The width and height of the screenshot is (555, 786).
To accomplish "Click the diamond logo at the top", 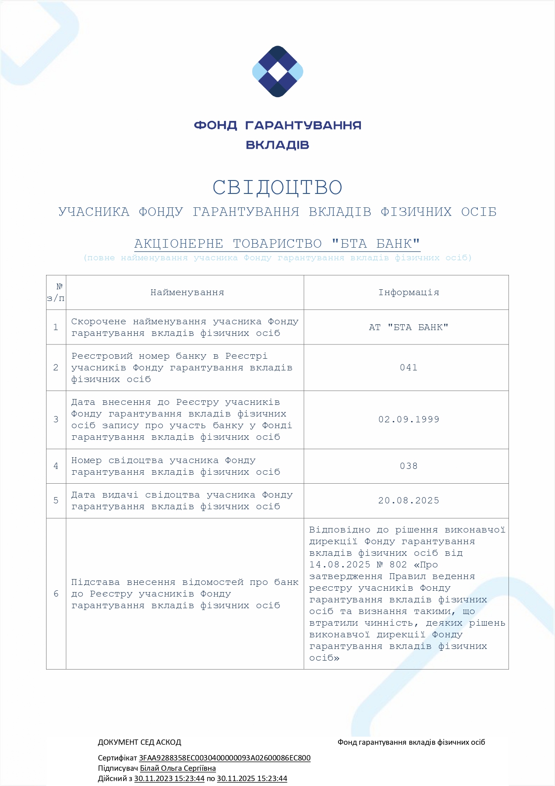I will (x=278, y=71).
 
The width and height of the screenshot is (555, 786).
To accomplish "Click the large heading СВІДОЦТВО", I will (x=277, y=188).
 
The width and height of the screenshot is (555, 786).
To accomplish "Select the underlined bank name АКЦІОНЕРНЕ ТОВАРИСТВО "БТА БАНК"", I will (x=277, y=244).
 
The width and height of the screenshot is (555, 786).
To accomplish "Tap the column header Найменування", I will (x=187, y=292).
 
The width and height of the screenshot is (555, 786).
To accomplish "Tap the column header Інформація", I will (x=408, y=292).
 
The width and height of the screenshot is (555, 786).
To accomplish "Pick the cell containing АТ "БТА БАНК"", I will (x=408, y=327).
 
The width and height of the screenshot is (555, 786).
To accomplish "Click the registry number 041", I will (x=408, y=368).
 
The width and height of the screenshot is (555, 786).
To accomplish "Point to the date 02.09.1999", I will (x=408, y=420).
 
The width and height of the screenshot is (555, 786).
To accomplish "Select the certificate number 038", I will (x=408, y=466).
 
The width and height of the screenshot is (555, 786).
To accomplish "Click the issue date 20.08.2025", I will (x=408, y=501).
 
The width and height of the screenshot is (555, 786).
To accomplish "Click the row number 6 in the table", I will (x=56, y=594).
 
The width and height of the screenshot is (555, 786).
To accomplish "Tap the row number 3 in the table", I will (x=56, y=420).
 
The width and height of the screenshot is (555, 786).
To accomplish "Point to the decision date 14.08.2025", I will (x=339, y=565).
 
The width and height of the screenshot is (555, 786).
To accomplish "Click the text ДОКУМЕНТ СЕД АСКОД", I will (x=140, y=742).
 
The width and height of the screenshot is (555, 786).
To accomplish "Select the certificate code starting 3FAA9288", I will (x=225, y=758).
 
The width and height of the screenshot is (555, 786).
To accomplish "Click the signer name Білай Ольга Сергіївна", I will (x=178, y=768).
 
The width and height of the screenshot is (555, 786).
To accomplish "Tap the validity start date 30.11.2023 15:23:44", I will (x=169, y=778).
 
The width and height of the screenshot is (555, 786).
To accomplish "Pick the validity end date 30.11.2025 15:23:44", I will (x=252, y=778).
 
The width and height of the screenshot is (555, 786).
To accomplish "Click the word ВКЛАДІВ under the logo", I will (x=277, y=145).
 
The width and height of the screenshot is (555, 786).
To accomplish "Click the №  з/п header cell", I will (x=56, y=292).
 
